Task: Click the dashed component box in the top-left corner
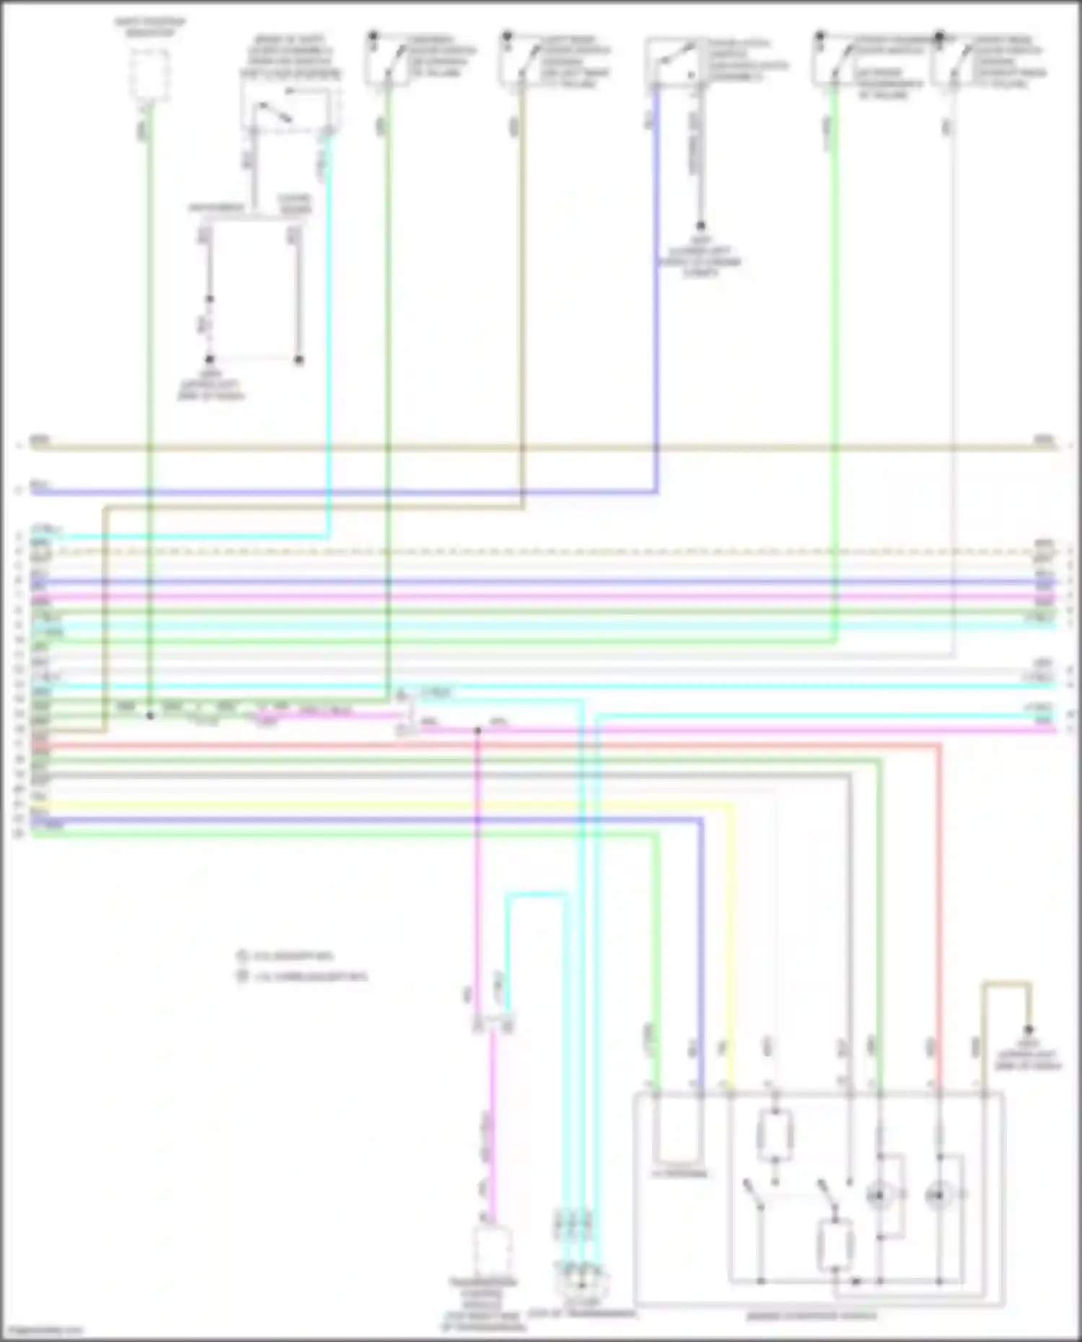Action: (149, 73)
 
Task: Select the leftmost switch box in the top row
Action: (387, 62)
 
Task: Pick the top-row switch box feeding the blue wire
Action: (674, 62)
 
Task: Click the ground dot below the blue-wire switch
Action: (700, 226)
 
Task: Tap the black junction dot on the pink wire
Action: (478, 730)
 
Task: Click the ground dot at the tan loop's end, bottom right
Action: (1029, 1030)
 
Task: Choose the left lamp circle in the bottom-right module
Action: (879, 1196)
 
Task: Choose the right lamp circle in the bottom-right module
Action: (938, 1196)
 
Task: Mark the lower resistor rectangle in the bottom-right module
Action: (835, 1245)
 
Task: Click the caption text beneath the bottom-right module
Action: (811, 1316)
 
